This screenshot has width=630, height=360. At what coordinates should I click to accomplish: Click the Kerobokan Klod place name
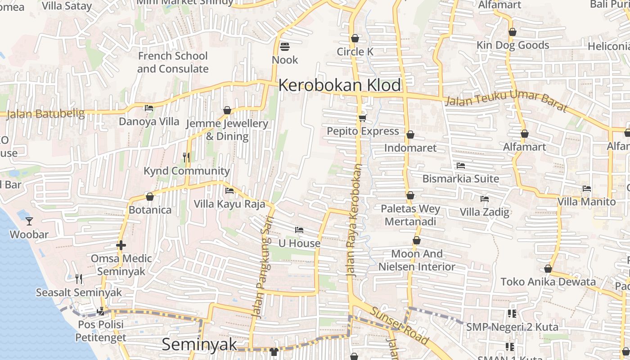click(x=340, y=85)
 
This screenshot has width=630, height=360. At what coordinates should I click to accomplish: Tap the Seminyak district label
click(x=199, y=344)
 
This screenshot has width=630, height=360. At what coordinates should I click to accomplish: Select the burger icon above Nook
click(x=285, y=46)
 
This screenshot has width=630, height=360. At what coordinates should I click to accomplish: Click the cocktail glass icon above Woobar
click(x=29, y=221)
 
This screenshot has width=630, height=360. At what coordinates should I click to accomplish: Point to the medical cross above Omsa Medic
click(x=121, y=245)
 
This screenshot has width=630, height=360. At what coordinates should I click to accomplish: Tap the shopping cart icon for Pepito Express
click(x=363, y=118)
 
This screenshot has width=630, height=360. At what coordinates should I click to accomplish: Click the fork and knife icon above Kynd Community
click(x=186, y=157)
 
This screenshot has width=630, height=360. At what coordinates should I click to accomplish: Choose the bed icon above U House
click(x=299, y=230)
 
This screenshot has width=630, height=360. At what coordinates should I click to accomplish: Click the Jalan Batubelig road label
click(x=46, y=113)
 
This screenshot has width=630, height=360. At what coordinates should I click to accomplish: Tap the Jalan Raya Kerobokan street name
click(x=354, y=220)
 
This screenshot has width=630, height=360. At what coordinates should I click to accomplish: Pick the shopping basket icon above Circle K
click(x=355, y=38)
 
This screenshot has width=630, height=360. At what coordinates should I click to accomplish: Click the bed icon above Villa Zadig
click(x=485, y=198)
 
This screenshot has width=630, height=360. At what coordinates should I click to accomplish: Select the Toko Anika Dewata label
click(x=548, y=282)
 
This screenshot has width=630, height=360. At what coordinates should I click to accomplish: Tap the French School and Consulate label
click(x=173, y=62)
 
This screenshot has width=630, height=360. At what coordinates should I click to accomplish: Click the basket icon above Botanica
click(x=150, y=197)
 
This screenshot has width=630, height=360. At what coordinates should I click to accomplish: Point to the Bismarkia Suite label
click(x=461, y=179)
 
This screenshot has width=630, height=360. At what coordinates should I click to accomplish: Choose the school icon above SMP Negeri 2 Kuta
click(x=512, y=314)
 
